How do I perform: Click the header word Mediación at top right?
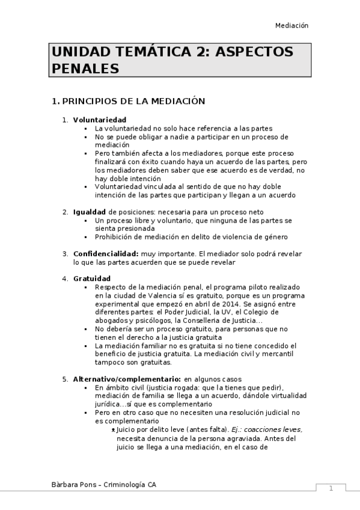(x=291, y=25)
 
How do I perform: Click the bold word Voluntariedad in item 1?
(x=99, y=120)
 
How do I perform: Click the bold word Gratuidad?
(x=92, y=278)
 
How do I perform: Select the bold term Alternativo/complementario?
(x=127, y=379)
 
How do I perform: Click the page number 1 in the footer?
(x=331, y=488)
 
